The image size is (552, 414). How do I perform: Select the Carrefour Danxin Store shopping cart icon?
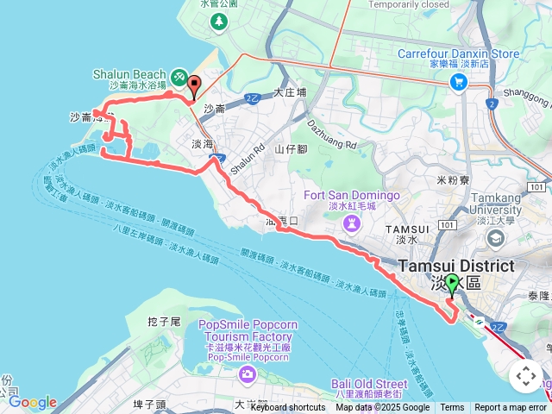click(x=459, y=82)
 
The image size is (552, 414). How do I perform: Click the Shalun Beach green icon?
click(x=179, y=77)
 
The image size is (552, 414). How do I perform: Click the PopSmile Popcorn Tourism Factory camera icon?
click(x=248, y=373)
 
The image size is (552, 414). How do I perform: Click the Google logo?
click(x=32, y=403)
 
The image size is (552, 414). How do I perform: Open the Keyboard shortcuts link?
click(x=288, y=408)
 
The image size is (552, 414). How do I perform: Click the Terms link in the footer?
click(x=452, y=408)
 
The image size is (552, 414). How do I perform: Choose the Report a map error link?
click(x=511, y=408)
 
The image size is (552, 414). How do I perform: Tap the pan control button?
click(x=526, y=376)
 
